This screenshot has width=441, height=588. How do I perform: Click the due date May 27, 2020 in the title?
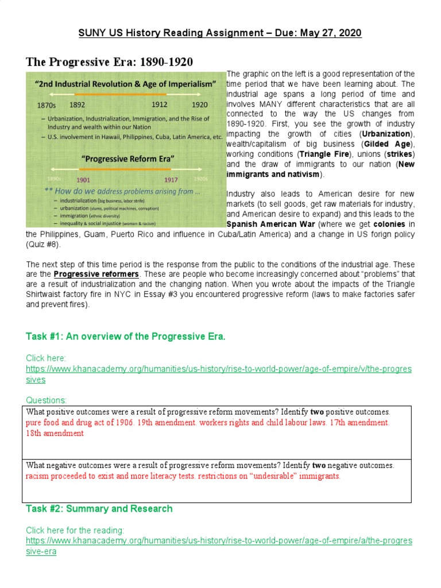click(330, 33)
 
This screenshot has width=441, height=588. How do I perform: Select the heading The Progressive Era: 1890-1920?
click(110, 61)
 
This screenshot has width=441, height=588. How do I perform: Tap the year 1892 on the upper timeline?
click(78, 105)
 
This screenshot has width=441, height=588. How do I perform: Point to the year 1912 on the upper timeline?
click(159, 105)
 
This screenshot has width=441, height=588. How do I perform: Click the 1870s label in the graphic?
click(46, 106)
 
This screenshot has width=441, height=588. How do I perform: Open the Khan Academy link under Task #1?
click(219, 369)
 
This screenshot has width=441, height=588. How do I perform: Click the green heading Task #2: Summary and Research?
click(99, 508)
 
